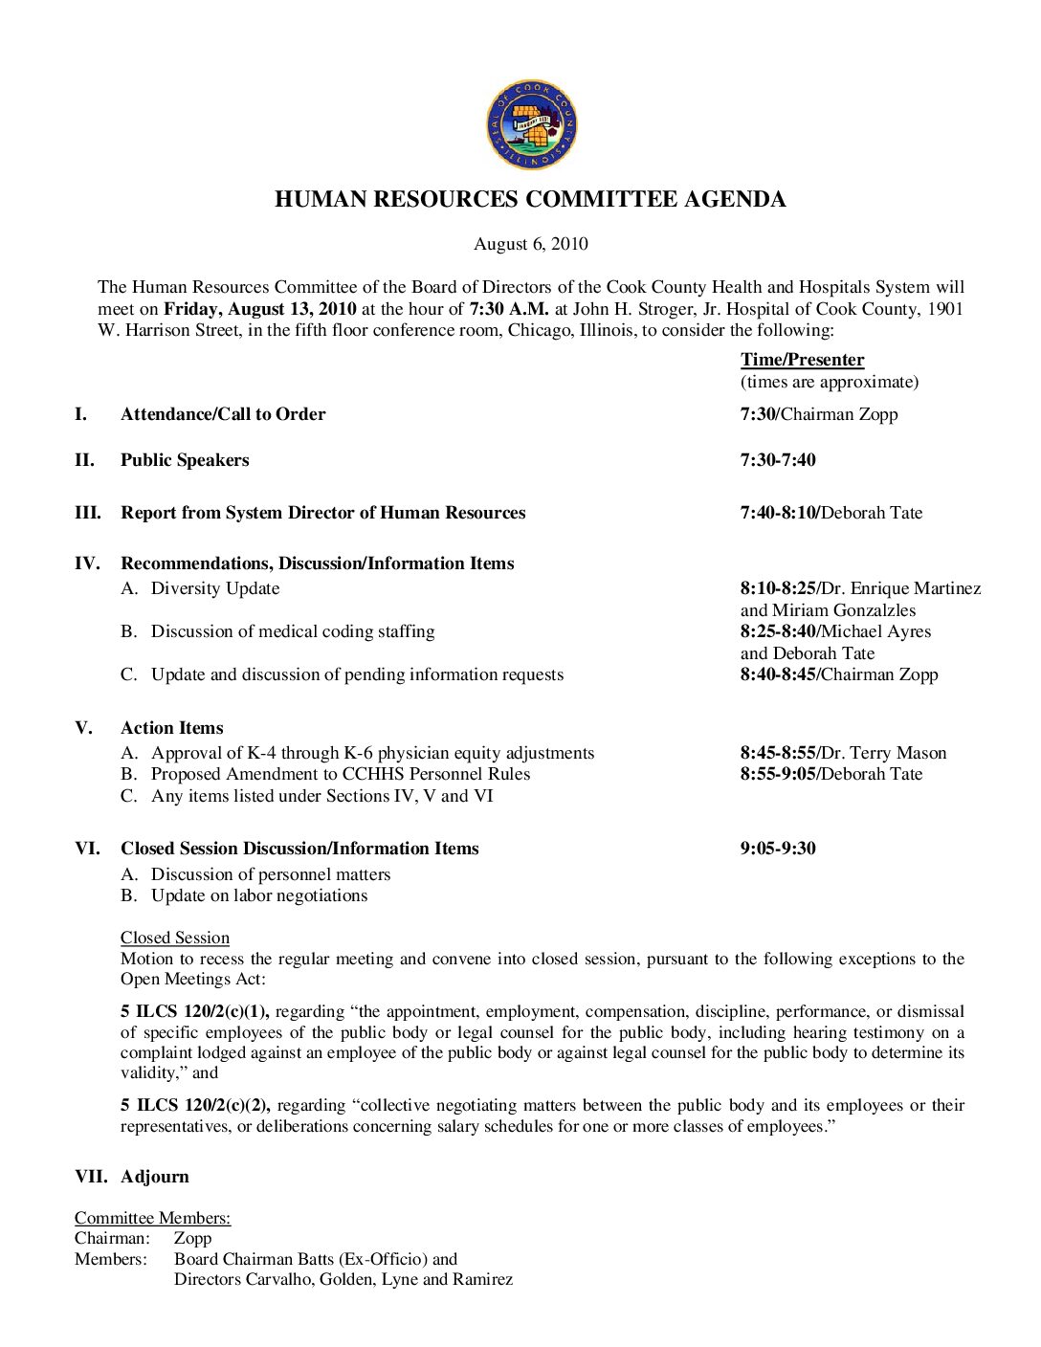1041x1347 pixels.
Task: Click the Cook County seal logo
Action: tap(531, 125)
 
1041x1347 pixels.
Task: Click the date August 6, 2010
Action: tap(531, 244)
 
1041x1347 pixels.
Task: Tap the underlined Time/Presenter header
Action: tap(802, 360)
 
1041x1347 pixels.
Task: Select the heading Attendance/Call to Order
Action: tap(223, 414)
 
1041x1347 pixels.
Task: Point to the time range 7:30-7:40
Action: tap(778, 460)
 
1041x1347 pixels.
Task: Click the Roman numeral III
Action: tap(87, 513)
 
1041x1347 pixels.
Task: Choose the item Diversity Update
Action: tap(215, 588)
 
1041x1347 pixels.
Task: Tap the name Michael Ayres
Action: tap(875, 631)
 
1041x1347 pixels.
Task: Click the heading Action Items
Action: tap(172, 728)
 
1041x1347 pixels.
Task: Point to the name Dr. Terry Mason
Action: tap(884, 753)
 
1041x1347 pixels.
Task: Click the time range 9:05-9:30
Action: tap(778, 849)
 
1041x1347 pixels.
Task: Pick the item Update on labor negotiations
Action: tap(259, 895)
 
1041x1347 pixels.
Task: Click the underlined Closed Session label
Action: tap(175, 938)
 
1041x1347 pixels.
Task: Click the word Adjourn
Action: tap(155, 1177)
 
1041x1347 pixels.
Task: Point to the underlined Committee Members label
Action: tap(153, 1218)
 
